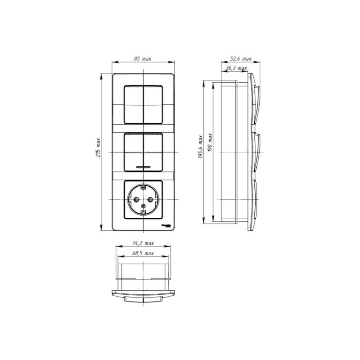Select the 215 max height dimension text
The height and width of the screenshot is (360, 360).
[x=98, y=148]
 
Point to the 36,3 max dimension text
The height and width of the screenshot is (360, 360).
[x=236, y=68]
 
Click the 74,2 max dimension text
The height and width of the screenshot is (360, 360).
[x=143, y=243]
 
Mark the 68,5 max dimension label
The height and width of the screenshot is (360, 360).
[x=143, y=253]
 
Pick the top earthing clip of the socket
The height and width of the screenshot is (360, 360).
[x=143, y=186]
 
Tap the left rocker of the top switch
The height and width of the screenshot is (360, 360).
[x=133, y=104]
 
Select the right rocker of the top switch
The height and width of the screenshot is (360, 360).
[x=153, y=104]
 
